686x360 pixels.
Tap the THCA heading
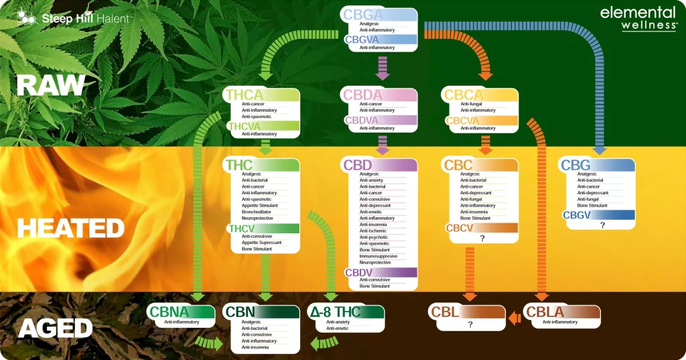(x=245, y=95)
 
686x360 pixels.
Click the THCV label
(x=241, y=229)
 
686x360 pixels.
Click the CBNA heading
(x=169, y=312)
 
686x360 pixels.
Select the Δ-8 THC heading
(x=334, y=312)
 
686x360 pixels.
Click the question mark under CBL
(x=470, y=324)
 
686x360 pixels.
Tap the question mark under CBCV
(x=482, y=239)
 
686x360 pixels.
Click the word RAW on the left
(x=51, y=85)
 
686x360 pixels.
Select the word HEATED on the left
(x=71, y=229)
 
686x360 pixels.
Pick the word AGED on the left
(x=55, y=328)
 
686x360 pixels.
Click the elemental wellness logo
(x=638, y=18)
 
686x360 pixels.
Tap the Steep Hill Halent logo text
(x=85, y=18)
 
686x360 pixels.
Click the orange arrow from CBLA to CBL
(x=514, y=318)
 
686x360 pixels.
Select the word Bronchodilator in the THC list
(x=258, y=212)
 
